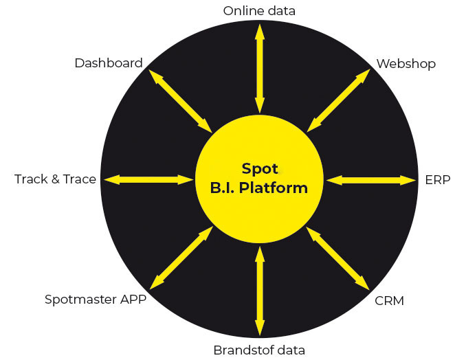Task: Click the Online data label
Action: (259, 10)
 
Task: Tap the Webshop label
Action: (406, 64)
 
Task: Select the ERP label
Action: (437, 180)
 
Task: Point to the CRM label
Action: (389, 300)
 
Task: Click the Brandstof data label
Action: (259, 350)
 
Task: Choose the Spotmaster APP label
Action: (96, 300)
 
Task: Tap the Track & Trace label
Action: (55, 179)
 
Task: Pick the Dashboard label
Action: (109, 63)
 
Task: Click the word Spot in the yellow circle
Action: (259, 168)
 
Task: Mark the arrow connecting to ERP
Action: (371, 180)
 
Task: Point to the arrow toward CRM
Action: (338, 258)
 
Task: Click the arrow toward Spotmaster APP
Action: (181, 258)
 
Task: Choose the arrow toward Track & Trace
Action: (148, 179)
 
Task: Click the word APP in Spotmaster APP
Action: (132, 300)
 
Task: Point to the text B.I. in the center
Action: (226, 188)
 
